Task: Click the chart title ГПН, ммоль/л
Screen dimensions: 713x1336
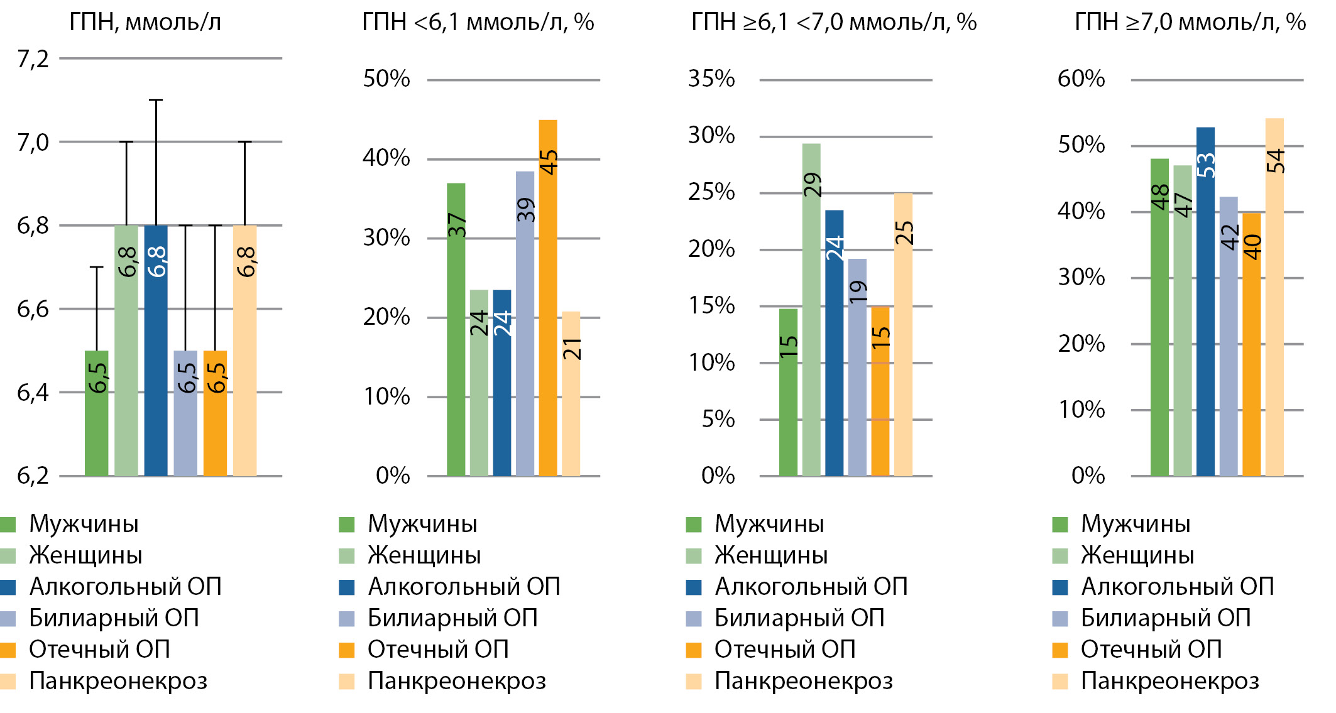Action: pyautogui.click(x=145, y=23)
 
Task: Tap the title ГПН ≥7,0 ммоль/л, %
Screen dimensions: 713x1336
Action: pyautogui.click(x=1190, y=23)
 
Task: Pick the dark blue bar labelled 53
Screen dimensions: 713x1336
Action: pyautogui.click(x=1205, y=302)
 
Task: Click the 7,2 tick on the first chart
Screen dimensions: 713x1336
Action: pyautogui.click(x=33, y=59)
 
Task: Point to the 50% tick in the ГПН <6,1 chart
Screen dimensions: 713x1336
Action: pyautogui.click(x=386, y=79)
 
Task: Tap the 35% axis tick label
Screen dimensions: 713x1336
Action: pyautogui.click(x=711, y=79)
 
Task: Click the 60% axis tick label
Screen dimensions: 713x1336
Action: pyautogui.click(x=1081, y=79)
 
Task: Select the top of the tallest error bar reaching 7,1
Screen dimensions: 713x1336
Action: pyautogui.click(x=156, y=100)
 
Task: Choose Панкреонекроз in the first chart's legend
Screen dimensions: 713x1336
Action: pyautogui.click(x=118, y=681)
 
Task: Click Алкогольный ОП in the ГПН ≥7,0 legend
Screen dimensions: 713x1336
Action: pyautogui.click(x=1176, y=587)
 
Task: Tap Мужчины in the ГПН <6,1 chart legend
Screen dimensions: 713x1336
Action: pyautogui.click(x=422, y=524)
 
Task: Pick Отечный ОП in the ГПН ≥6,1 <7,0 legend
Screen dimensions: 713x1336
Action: pyautogui.click(x=785, y=650)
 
